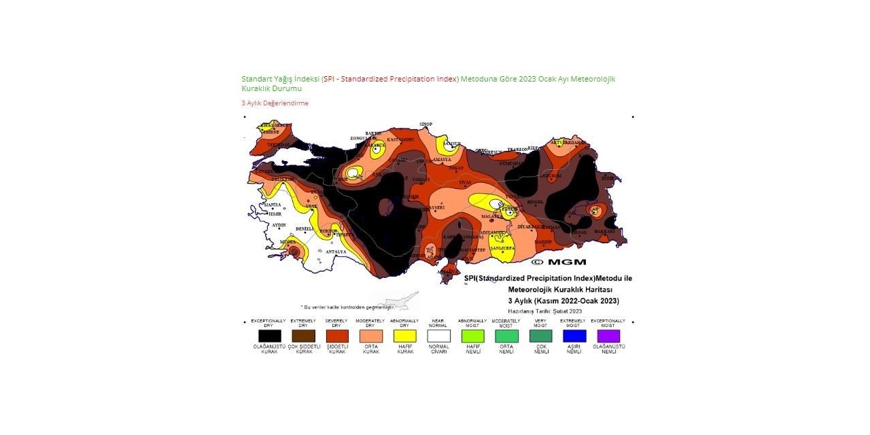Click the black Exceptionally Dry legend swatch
point(269,336)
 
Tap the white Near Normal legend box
point(438,336)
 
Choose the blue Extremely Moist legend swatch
point(574,336)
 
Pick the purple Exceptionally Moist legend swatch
point(608,336)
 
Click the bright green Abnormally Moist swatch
point(472,336)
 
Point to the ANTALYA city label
point(336,252)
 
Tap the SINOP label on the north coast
point(425,124)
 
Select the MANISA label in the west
point(272,204)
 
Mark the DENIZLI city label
point(304,229)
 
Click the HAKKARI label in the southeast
point(605,231)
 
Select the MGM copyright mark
point(559,262)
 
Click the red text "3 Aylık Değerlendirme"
point(275,103)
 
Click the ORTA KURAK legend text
point(371,349)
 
